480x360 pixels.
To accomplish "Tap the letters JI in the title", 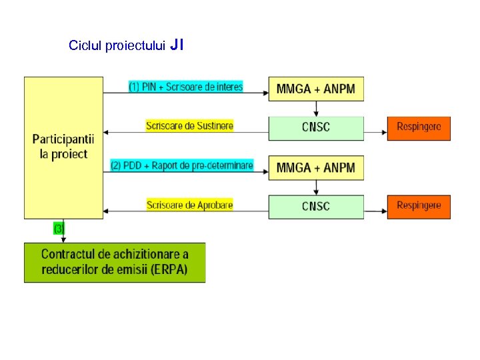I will (x=177, y=45).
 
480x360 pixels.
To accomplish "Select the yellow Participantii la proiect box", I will (x=63, y=147).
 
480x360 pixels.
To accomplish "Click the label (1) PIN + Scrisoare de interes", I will (x=185, y=87).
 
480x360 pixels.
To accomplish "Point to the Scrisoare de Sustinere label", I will (x=189, y=125).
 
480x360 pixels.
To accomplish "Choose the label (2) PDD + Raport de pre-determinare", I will (x=182, y=165).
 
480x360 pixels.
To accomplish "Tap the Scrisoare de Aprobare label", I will (x=189, y=205).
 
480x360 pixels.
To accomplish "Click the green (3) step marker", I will (x=59, y=229).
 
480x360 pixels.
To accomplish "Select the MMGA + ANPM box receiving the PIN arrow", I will (x=316, y=89).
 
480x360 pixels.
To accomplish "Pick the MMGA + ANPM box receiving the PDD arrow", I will (x=316, y=167).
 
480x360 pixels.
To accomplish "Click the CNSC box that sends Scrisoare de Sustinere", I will (x=316, y=127).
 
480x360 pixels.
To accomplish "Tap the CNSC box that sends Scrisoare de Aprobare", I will (x=316, y=206).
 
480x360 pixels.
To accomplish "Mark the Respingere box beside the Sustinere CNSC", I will (x=419, y=127).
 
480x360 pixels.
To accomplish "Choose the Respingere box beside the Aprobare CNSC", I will (x=419, y=206).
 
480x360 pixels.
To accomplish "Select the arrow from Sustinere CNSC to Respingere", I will (x=375, y=132).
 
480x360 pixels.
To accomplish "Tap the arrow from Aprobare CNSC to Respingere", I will (x=375, y=211).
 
